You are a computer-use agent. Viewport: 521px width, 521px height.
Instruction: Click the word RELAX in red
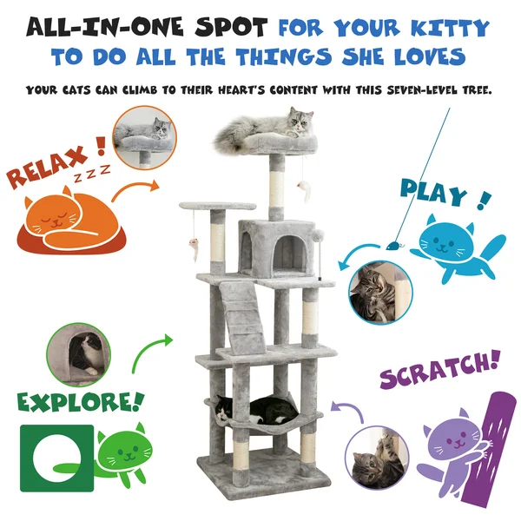(x=47, y=165)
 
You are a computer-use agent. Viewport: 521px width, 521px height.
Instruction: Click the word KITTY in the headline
(x=450, y=28)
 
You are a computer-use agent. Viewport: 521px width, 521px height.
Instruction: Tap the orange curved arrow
(x=135, y=189)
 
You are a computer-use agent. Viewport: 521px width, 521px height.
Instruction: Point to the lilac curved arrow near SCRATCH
(x=350, y=409)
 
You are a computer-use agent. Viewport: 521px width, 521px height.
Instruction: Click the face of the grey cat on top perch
(x=300, y=121)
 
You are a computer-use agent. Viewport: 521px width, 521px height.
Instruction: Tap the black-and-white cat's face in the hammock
(x=223, y=410)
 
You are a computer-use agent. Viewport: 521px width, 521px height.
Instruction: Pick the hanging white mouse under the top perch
(x=305, y=191)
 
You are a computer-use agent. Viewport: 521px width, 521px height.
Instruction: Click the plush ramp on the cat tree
(x=240, y=316)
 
